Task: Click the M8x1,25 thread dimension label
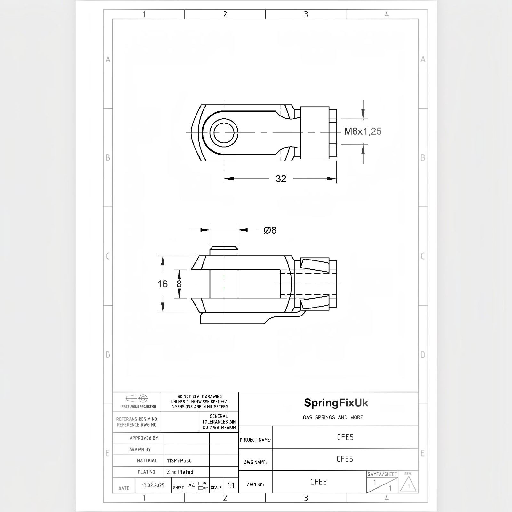click(x=363, y=131)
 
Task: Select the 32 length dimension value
click(x=281, y=179)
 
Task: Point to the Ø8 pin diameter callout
click(x=270, y=230)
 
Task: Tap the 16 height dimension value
click(x=163, y=284)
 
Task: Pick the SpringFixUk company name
click(x=336, y=403)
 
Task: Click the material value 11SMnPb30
click(x=179, y=461)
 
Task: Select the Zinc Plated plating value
click(x=180, y=472)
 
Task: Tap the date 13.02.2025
click(x=153, y=485)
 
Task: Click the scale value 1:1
click(x=231, y=485)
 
